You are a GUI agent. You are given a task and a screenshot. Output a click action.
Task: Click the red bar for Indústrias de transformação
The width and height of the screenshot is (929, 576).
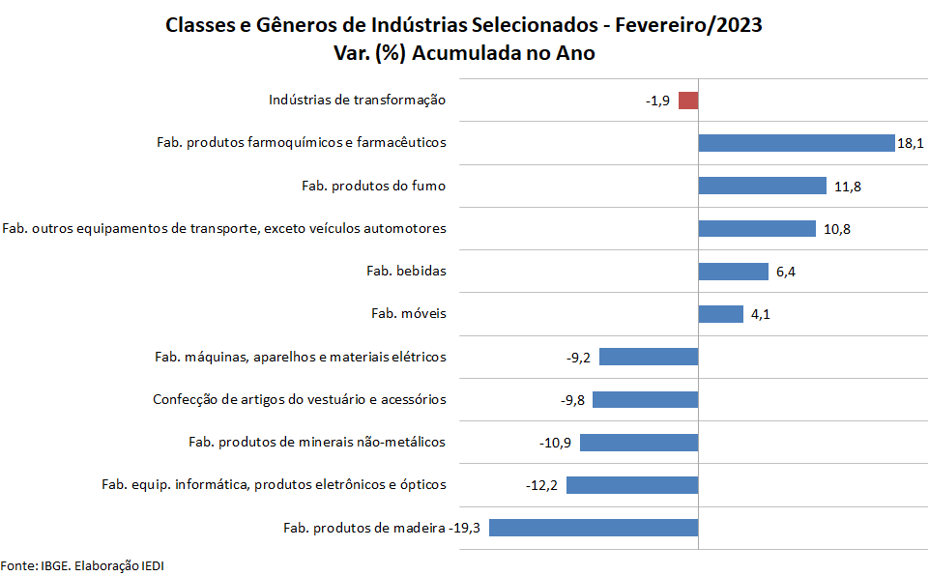pyautogui.click(x=688, y=101)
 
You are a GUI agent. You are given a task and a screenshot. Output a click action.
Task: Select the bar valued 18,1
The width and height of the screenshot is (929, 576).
pyautogui.click(x=796, y=143)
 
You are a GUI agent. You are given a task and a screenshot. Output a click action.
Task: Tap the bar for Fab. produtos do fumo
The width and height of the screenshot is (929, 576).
pyautogui.click(x=762, y=186)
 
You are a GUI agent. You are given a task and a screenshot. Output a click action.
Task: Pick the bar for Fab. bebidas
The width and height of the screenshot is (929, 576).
pyautogui.click(x=733, y=272)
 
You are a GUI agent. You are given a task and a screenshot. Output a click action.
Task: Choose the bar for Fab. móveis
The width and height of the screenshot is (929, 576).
pyautogui.click(x=720, y=314)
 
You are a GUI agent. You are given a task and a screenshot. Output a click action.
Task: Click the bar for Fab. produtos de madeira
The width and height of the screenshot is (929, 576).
pyautogui.click(x=594, y=528)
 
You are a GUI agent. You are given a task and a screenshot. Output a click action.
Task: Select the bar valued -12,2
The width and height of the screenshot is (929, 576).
pyautogui.click(x=632, y=485)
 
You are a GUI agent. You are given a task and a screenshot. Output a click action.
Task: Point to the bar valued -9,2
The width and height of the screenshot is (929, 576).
pyautogui.click(x=649, y=357)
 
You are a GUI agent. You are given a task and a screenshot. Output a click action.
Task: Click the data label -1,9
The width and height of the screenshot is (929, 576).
pyautogui.click(x=657, y=101)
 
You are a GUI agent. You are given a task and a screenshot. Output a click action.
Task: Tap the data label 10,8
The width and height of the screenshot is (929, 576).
pyautogui.click(x=837, y=229)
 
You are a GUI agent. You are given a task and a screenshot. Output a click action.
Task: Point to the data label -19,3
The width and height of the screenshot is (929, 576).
pyautogui.click(x=471, y=528)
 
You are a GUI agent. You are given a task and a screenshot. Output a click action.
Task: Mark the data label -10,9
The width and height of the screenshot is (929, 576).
pyautogui.click(x=555, y=443)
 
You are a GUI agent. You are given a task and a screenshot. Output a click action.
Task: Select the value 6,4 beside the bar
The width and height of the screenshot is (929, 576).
pyautogui.click(x=785, y=272)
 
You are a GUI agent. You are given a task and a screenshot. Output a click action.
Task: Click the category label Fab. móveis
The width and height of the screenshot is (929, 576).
pyautogui.click(x=409, y=313)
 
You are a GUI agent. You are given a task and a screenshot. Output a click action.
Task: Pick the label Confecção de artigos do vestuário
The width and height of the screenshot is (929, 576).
pyautogui.click(x=300, y=399)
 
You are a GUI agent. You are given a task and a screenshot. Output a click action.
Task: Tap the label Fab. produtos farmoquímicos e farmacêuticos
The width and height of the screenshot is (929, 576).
pyautogui.click(x=302, y=142)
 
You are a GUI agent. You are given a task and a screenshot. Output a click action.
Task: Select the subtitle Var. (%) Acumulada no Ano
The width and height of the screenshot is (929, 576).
pyautogui.click(x=464, y=53)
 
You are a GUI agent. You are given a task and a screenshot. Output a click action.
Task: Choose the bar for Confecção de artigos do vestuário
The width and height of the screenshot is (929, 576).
pyautogui.click(x=645, y=399)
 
